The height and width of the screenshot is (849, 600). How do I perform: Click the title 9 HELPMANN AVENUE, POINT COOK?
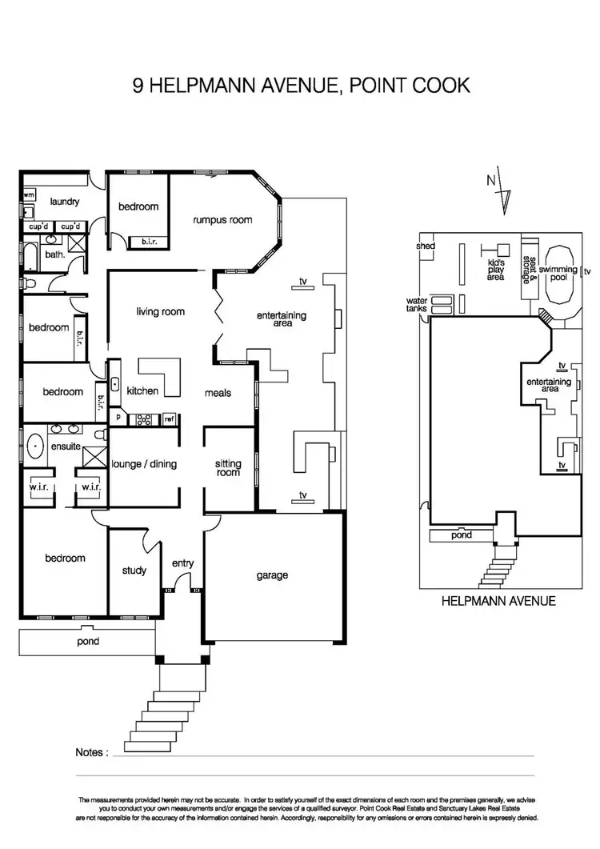click(301, 86)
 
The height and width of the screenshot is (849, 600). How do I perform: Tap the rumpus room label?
click(222, 220)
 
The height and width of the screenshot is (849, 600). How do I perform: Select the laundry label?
click(63, 202)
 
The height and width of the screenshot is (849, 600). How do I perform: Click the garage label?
click(272, 575)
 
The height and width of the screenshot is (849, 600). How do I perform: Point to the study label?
click(134, 571)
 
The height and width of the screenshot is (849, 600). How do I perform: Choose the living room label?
click(160, 311)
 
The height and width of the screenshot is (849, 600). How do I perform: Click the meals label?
click(218, 393)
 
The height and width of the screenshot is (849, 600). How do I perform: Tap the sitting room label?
click(228, 468)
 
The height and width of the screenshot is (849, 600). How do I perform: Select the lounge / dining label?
click(144, 464)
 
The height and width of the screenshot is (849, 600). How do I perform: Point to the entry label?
click(183, 563)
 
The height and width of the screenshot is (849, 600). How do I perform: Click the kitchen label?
click(142, 391)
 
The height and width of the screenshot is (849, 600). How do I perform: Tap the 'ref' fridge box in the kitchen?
click(169, 418)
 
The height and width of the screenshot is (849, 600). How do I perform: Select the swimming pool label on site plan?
click(558, 270)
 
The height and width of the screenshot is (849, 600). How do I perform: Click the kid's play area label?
click(496, 270)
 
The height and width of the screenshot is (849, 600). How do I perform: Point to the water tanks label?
click(418, 305)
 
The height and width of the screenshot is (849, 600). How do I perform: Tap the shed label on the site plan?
click(425, 246)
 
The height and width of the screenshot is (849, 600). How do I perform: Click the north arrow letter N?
click(490, 180)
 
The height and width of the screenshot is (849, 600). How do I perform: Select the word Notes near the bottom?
click(91, 752)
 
